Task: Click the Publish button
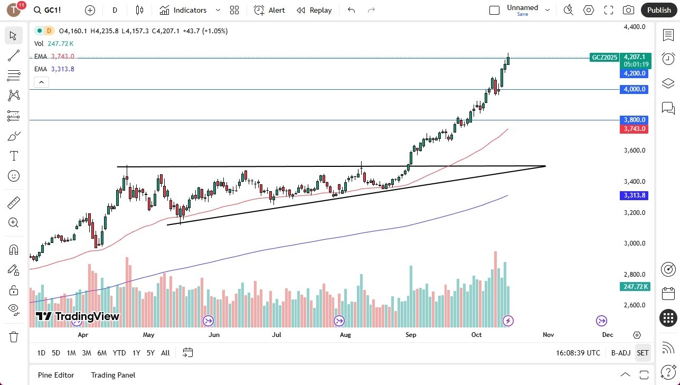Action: [x=658, y=10]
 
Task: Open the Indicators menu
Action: [x=183, y=10]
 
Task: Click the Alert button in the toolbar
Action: [x=269, y=10]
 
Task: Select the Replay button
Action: [x=314, y=10]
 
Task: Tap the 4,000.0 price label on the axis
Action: [x=634, y=89]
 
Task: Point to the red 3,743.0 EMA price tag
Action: [x=634, y=129]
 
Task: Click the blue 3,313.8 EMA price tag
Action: [x=634, y=195]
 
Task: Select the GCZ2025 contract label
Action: [x=604, y=57]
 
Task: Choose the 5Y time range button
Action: [x=150, y=353]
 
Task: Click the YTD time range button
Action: [x=119, y=353]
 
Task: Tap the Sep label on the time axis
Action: [x=411, y=334]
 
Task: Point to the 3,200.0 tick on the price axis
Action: [x=634, y=213]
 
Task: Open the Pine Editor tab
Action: [x=56, y=375]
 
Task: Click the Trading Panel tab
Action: [x=113, y=375]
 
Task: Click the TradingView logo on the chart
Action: [x=78, y=316]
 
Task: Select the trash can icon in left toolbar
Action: [x=14, y=336]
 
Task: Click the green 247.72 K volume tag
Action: [x=634, y=287]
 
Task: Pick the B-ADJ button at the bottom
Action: [x=620, y=353]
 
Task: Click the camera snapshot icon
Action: [x=628, y=10]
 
